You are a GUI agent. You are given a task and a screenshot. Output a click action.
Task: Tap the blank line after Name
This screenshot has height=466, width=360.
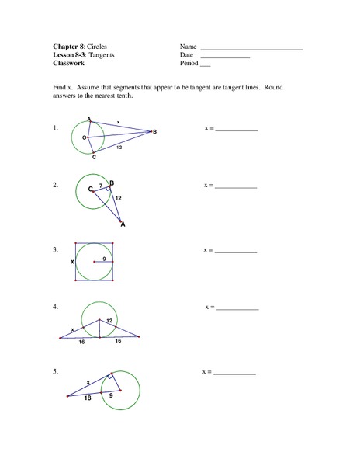pyautogui.click(x=251, y=49)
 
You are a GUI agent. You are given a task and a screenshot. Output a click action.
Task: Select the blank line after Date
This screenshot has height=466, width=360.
pyautogui.click(x=225, y=57)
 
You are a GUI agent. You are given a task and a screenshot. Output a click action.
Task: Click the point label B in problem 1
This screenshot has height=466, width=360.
pyautogui.click(x=154, y=132)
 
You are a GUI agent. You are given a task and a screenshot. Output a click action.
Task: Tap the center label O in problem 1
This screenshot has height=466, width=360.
pyautogui.click(x=83, y=137)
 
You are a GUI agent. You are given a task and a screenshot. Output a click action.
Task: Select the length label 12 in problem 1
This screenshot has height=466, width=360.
pyautogui.click(x=118, y=147)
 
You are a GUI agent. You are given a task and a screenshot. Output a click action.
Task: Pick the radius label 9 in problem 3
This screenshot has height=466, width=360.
pyautogui.click(x=104, y=259)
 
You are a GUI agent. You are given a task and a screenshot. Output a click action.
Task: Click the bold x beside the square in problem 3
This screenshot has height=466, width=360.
pyautogui.click(x=72, y=263)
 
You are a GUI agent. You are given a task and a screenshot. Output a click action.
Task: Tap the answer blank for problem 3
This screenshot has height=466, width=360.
pyautogui.click(x=236, y=252)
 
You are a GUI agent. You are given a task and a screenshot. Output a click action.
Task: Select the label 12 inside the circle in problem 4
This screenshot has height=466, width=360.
pyautogui.click(x=109, y=321)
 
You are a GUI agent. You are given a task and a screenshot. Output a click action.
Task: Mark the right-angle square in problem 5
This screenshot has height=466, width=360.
pyautogui.click(x=111, y=375)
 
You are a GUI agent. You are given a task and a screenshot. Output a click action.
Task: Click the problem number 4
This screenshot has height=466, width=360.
pyautogui.click(x=55, y=307)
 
